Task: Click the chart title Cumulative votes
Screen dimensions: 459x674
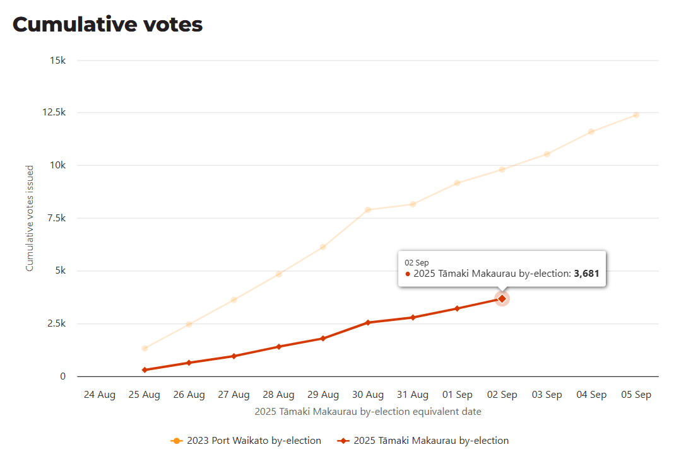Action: (x=107, y=24)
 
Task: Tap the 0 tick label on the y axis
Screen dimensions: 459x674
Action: (x=62, y=376)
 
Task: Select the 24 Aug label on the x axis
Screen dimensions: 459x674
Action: (x=100, y=395)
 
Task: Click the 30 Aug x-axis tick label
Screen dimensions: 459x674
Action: (x=368, y=395)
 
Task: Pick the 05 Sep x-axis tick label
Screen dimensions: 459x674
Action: (x=636, y=395)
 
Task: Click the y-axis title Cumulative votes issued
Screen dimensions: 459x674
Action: (x=30, y=219)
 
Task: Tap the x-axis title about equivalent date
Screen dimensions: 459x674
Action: (x=368, y=412)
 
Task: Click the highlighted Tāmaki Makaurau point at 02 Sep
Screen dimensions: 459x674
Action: (x=502, y=299)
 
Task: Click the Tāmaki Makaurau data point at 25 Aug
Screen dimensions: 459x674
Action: (x=145, y=370)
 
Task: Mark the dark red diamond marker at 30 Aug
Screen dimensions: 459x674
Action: (x=368, y=322)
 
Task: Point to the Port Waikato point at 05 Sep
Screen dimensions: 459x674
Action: (x=636, y=115)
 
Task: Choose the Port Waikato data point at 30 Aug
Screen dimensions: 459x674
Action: (x=368, y=210)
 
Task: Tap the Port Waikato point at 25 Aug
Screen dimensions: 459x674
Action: (x=145, y=348)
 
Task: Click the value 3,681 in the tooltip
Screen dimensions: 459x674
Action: (x=586, y=274)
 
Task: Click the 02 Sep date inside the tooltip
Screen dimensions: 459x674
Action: (x=417, y=262)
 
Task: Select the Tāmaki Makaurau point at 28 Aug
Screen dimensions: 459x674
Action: (x=278, y=347)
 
